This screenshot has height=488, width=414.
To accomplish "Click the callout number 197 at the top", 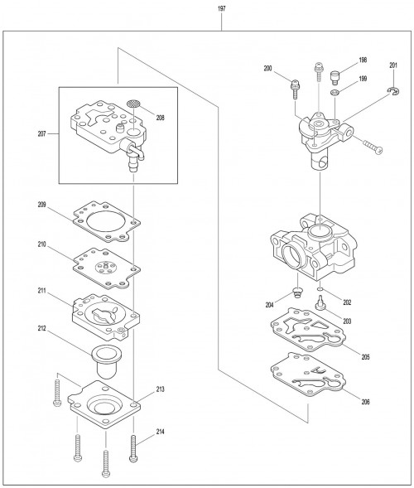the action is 221,8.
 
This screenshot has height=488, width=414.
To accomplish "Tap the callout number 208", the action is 160,118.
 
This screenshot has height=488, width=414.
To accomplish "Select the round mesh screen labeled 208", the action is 133,104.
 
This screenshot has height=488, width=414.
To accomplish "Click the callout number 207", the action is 41,134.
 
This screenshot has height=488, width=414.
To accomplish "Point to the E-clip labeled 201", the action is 394,91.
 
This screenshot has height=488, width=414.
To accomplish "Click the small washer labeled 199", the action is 335,93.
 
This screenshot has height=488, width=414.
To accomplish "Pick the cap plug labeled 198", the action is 335,78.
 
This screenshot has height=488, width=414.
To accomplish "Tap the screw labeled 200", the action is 295,89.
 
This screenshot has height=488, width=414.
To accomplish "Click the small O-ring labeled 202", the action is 320,289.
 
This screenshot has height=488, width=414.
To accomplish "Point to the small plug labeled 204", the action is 298,292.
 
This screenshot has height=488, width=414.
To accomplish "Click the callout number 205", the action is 366,357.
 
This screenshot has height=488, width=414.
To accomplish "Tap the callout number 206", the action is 366,402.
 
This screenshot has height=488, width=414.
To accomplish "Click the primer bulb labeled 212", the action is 106,362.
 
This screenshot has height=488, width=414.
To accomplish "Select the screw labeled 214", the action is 133,448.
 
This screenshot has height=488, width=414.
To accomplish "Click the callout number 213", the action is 160,389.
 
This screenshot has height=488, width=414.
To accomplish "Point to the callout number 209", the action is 41,205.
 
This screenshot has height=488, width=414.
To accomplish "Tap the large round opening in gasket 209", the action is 106,222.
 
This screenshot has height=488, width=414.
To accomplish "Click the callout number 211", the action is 41,291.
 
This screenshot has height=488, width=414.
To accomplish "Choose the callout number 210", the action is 41,244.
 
